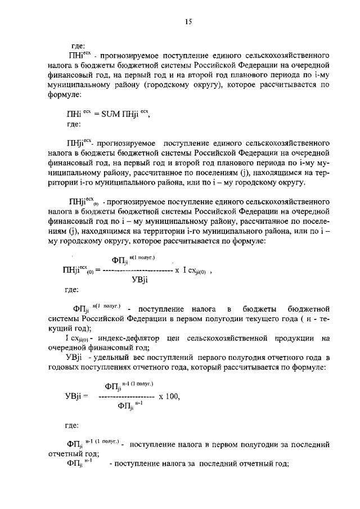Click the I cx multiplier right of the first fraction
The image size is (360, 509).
(x=195, y=271)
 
